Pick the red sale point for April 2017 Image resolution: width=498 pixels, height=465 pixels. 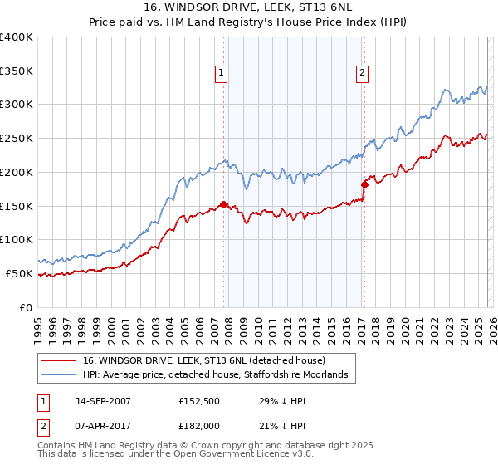[x=364, y=184]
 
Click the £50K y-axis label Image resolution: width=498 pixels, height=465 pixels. [x=19, y=273]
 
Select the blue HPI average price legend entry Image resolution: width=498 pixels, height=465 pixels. [x=220, y=375]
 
